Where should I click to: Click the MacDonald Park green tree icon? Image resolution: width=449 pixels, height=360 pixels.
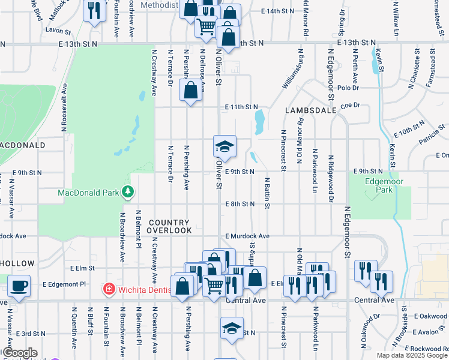pyautogui.click(x=127, y=192)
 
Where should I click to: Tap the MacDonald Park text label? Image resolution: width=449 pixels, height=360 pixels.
pyautogui.click(x=88, y=193)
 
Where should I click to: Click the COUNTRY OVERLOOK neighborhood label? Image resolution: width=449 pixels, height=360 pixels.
pyautogui.click(x=170, y=226)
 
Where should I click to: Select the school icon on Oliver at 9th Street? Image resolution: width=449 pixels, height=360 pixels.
pyautogui.click(x=224, y=146)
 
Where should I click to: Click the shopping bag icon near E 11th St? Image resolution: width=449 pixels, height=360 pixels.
pyautogui.click(x=190, y=91)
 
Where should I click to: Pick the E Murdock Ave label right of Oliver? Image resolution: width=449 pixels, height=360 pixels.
pyautogui.click(x=247, y=236)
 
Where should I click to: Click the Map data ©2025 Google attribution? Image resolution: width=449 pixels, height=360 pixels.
pyautogui.click(x=412, y=355)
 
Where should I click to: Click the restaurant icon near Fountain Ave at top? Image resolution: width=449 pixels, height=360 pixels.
pyautogui.click(x=94, y=11)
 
